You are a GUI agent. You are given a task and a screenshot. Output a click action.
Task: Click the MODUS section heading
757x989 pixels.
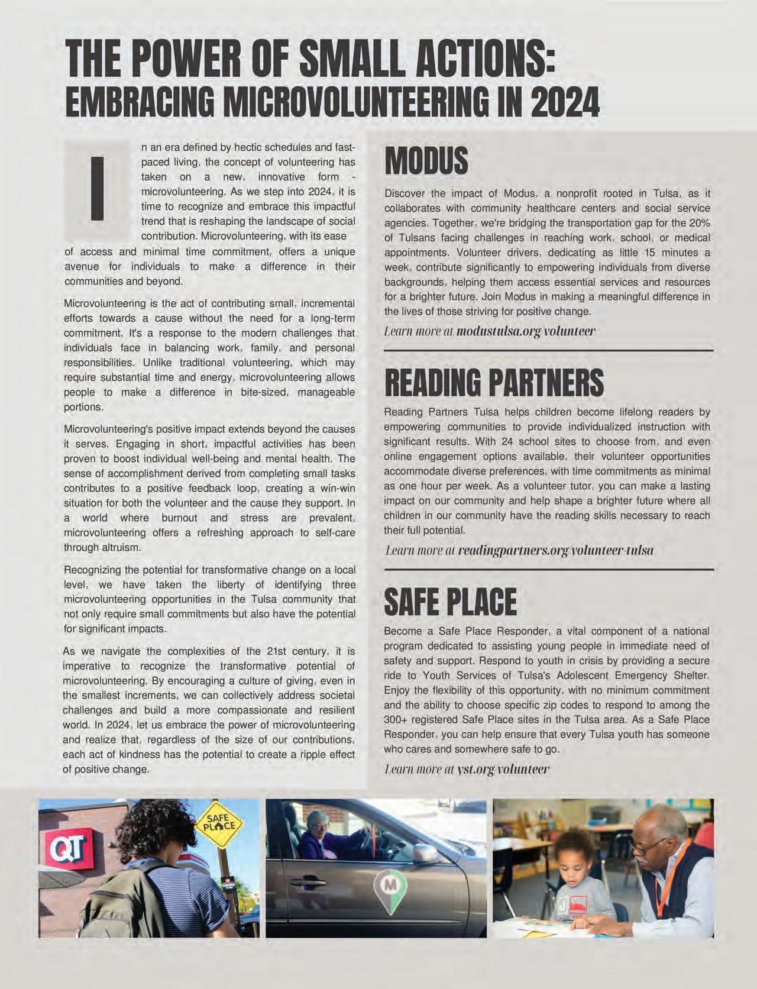[426, 161]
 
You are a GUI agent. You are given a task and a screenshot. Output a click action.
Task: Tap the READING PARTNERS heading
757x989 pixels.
[494, 383]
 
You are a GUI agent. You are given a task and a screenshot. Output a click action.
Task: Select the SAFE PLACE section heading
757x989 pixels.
[450, 602]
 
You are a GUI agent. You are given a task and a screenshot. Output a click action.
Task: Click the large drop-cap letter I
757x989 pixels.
[98, 188]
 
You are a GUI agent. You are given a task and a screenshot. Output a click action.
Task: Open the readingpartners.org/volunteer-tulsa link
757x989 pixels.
[555, 551]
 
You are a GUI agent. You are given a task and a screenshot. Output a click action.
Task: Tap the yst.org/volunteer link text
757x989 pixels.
[503, 770]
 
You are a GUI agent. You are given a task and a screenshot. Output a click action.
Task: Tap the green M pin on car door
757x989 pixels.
[388, 886]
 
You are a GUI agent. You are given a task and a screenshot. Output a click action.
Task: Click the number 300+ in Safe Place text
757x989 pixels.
[397, 720]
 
